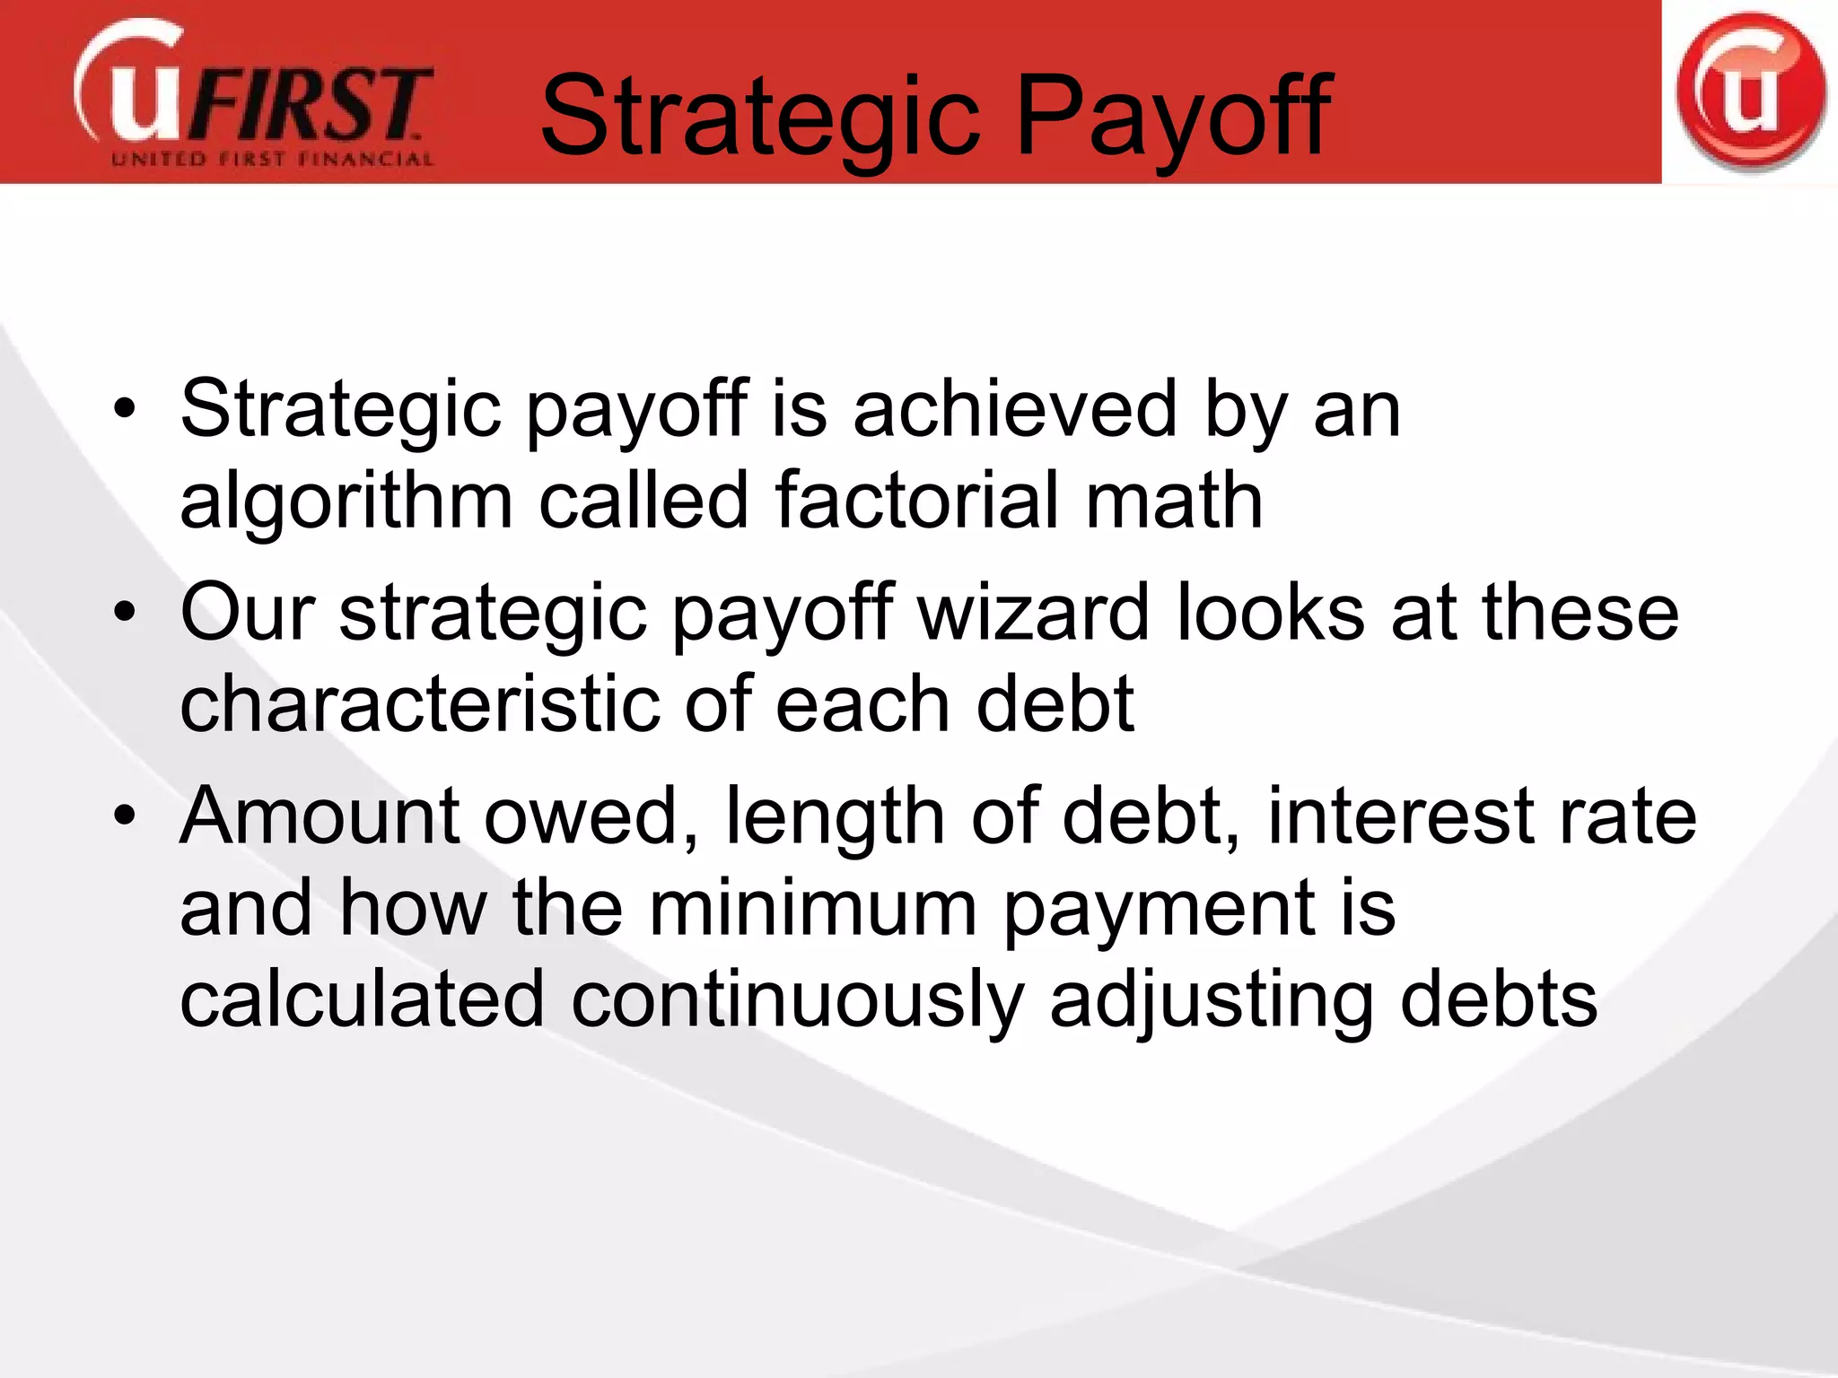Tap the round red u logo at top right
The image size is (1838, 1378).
click(x=1750, y=92)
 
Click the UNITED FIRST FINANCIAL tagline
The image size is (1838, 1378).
click(x=272, y=161)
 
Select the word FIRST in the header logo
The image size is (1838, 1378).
click(x=310, y=103)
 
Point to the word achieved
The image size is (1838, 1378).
click(x=1014, y=409)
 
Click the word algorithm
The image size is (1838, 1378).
click(x=346, y=502)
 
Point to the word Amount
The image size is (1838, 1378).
click(x=319, y=816)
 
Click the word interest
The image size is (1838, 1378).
click(x=1400, y=816)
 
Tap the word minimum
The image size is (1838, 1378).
click(x=813, y=908)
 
